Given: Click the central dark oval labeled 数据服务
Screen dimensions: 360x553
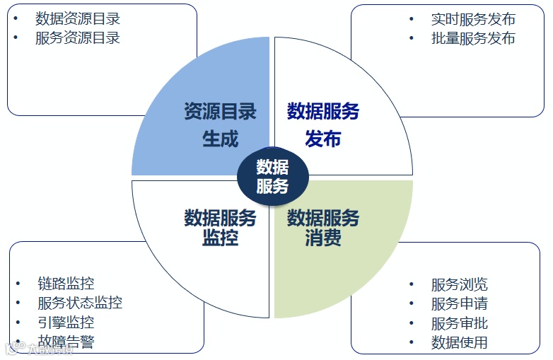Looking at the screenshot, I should pos(272,176).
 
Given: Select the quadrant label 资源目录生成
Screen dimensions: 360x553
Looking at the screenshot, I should pos(220,124).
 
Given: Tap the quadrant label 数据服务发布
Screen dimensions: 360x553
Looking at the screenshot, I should pos(323,124).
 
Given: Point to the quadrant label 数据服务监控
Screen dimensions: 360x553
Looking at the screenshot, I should pos(220,227).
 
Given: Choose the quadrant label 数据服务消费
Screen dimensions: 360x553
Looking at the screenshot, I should pos(323,227).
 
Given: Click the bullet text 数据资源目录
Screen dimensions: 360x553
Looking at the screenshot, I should pos(78,19).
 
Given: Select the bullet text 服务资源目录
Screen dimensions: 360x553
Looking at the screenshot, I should pos(78,38).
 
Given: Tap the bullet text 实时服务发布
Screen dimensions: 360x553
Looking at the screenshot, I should pos(473,19).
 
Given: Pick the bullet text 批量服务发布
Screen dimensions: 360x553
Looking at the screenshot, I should pos(473,38).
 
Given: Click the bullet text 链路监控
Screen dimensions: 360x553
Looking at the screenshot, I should pos(66,284).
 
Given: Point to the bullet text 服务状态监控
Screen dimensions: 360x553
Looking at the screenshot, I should pos(80,303).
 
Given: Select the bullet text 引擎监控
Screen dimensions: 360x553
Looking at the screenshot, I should pos(66,323).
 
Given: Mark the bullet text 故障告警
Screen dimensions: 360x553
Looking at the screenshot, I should pos(66,342).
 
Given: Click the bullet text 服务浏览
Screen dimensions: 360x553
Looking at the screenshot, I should pos(459,285).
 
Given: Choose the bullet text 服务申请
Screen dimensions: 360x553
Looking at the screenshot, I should pos(459,304).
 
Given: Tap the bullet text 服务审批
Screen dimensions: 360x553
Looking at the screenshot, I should pos(459,323).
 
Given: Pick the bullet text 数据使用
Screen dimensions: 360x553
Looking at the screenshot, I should pos(459,343).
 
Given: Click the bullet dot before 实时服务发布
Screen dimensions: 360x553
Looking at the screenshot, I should pos(412,19).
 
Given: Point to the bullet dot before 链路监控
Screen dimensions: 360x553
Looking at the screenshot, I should pos(18,284).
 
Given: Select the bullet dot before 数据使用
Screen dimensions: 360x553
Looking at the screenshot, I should pos(412,343).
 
